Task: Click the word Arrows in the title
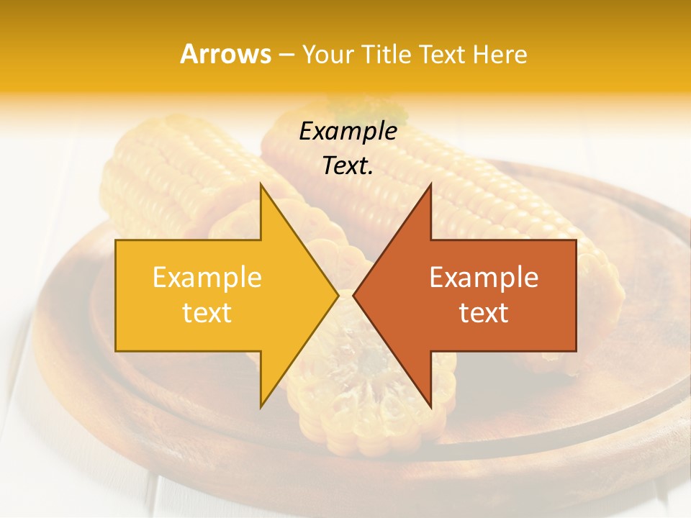(225, 54)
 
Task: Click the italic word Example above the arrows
(348, 132)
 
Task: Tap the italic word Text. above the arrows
(348, 166)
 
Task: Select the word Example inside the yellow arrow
(207, 278)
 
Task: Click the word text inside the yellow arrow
(207, 313)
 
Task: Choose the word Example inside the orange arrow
(484, 278)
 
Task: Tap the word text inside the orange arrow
(484, 313)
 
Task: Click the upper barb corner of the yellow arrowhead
(261, 186)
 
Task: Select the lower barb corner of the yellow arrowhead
(261, 406)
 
